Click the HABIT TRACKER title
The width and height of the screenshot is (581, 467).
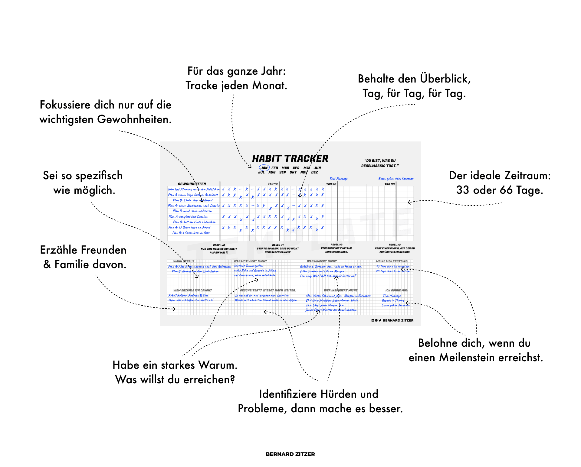290,158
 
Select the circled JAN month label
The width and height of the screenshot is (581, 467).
264,168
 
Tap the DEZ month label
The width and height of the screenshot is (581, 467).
314,172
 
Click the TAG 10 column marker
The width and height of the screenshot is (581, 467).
272,184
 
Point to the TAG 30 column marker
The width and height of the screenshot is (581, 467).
389,184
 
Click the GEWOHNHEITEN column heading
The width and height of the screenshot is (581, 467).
192,184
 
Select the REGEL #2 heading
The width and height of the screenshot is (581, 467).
336,245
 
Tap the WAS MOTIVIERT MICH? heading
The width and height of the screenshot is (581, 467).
250,261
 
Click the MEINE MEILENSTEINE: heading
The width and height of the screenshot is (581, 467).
392,261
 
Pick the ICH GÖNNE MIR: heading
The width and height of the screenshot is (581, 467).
396,290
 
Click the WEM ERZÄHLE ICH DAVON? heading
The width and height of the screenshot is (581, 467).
192,290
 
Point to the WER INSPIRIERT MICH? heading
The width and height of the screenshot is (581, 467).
340,290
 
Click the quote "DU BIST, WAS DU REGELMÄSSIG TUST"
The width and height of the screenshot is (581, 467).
380,163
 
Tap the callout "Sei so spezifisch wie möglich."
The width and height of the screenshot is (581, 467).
83,183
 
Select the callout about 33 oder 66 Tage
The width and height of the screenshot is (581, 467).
500,183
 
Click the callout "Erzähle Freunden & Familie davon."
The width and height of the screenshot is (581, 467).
84,257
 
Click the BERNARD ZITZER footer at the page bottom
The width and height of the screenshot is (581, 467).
290,454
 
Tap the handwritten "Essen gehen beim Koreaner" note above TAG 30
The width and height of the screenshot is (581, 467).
396,179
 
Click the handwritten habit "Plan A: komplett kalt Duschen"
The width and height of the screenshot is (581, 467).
188,217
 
